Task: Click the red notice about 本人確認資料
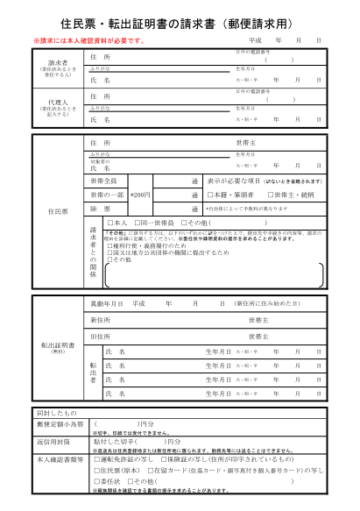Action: click(x=88, y=41)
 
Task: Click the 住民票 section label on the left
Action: click(x=58, y=211)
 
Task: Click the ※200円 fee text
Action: click(x=140, y=195)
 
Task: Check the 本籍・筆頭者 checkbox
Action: click(x=210, y=195)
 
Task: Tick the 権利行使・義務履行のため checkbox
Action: click(x=107, y=247)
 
